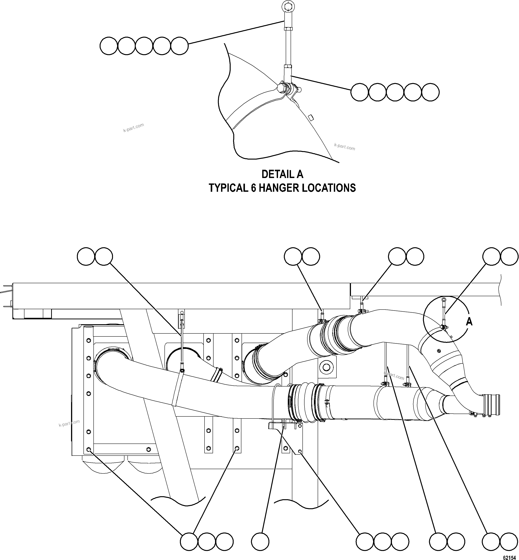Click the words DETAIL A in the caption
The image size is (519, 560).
[282, 174]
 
